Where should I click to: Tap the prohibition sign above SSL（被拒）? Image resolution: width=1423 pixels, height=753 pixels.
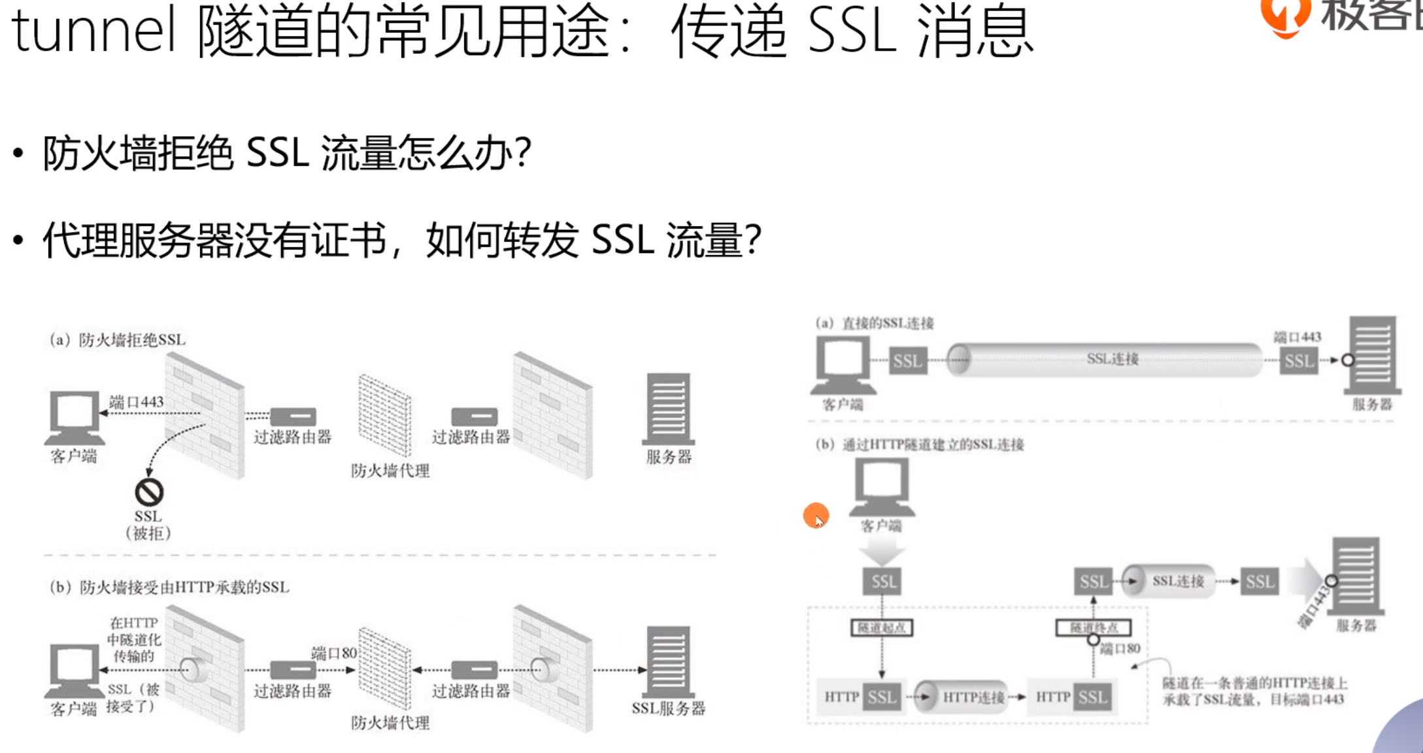pyautogui.click(x=149, y=492)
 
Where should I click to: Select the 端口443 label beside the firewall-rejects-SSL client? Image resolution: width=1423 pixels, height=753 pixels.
pyautogui.click(x=136, y=402)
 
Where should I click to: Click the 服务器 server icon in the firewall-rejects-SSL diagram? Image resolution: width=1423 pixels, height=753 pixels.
pyautogui.click(x=669, y=409)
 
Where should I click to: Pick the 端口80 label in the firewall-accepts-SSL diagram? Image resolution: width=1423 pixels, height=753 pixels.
pyautogui.click(x=334, y=653)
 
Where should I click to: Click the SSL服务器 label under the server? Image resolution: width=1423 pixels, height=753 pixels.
pyautogui.click(x=669, y=709)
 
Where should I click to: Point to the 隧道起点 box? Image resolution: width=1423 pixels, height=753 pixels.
pyautogui.click(x=881, y=628)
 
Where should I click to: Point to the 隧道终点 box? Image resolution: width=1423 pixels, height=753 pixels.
pyautogui.click(x=1093, y=628)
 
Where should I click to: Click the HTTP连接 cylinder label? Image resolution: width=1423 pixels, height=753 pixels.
pyautogui.click(x=973, y=697)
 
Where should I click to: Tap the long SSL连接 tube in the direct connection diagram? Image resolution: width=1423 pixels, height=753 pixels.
pyautogui.click(x=1111, y=359)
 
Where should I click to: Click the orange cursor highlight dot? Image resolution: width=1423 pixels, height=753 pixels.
pyautogui.click(x=816, y=516)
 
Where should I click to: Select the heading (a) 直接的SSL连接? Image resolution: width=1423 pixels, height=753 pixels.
pyautogui.click(x=875, y=323)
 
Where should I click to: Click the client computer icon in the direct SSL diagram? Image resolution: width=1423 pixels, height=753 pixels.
pyautogui.click(x=843, y=362)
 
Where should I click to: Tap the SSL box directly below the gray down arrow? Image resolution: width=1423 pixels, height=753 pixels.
pyautogui.click(x=883, y=582)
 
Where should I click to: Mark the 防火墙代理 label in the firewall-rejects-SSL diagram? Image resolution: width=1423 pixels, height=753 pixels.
pyautogui.click(x=390, y=471)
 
